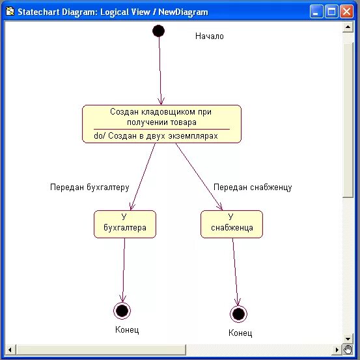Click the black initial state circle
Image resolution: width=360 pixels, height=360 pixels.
click(158, 31)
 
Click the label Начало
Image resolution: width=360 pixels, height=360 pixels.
click(210, 36)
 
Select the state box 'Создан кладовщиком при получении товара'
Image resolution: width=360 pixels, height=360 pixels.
click(161, 117)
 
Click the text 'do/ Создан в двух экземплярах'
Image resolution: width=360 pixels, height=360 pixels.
click(156, 136)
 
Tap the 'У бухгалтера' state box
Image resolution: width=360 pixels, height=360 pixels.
click(125, 223)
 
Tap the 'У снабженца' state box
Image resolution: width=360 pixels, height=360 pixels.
click(232, 223)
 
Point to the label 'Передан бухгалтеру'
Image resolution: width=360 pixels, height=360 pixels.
click(90, 187)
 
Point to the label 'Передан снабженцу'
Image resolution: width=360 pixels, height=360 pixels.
click(253, 187)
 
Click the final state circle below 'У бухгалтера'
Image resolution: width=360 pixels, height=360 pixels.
click(122, 311)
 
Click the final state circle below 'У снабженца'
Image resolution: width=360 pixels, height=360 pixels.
click(239, 314)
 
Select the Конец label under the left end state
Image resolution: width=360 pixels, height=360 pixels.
click(127, 330)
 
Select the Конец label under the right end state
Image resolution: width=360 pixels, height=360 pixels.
click(240, 333)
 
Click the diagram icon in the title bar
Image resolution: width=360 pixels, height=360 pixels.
click(9, 11)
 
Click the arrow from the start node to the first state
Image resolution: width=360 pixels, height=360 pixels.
click(160, 68)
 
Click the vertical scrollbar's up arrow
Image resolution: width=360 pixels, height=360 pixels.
click(348, 26)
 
